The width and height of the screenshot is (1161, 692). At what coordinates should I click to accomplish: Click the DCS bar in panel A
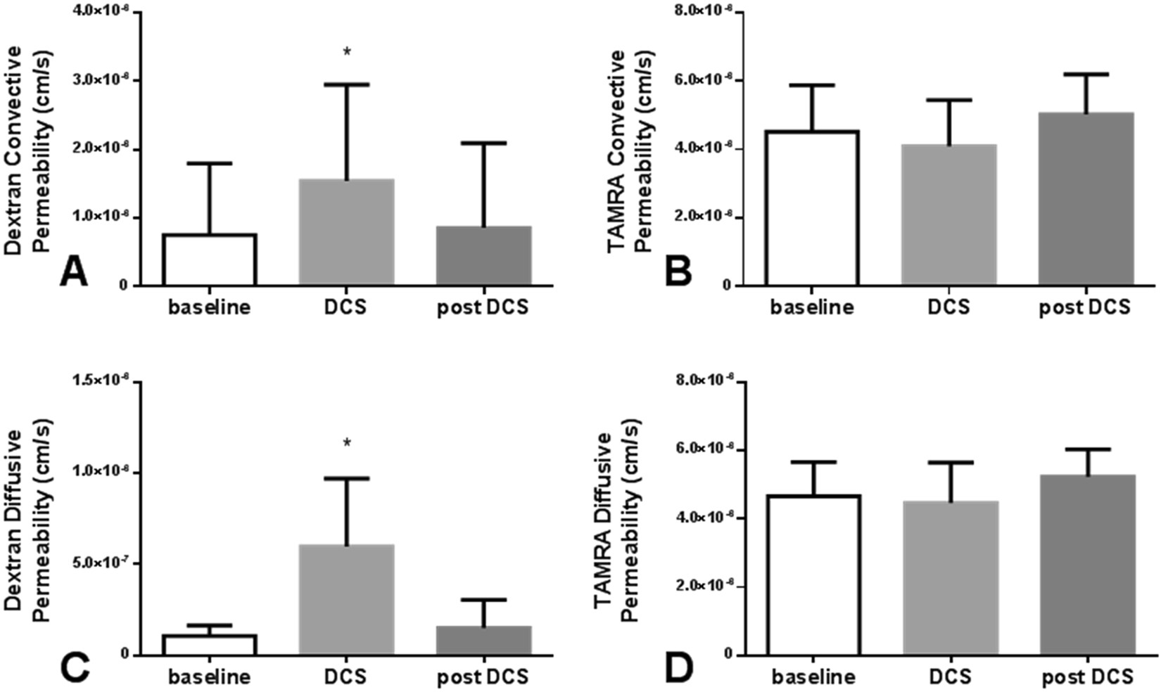tap(346, 232)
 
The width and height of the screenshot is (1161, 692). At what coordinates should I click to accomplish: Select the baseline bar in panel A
tap(210, 259)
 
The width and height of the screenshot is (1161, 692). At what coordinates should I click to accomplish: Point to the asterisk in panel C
tap(347, 444)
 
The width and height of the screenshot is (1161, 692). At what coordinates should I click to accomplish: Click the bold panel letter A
tap(73, 271)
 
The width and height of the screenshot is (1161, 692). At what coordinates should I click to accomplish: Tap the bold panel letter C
tap(74, 667)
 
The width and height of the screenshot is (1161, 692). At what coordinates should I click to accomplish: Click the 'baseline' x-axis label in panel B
tap(812, 307)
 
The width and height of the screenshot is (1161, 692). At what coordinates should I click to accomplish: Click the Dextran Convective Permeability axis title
tap(32, 151)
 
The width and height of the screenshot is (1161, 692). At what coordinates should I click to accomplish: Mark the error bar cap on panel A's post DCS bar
tap(483, 143)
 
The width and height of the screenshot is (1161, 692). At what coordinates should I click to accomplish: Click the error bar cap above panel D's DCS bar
tap(949, 463)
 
